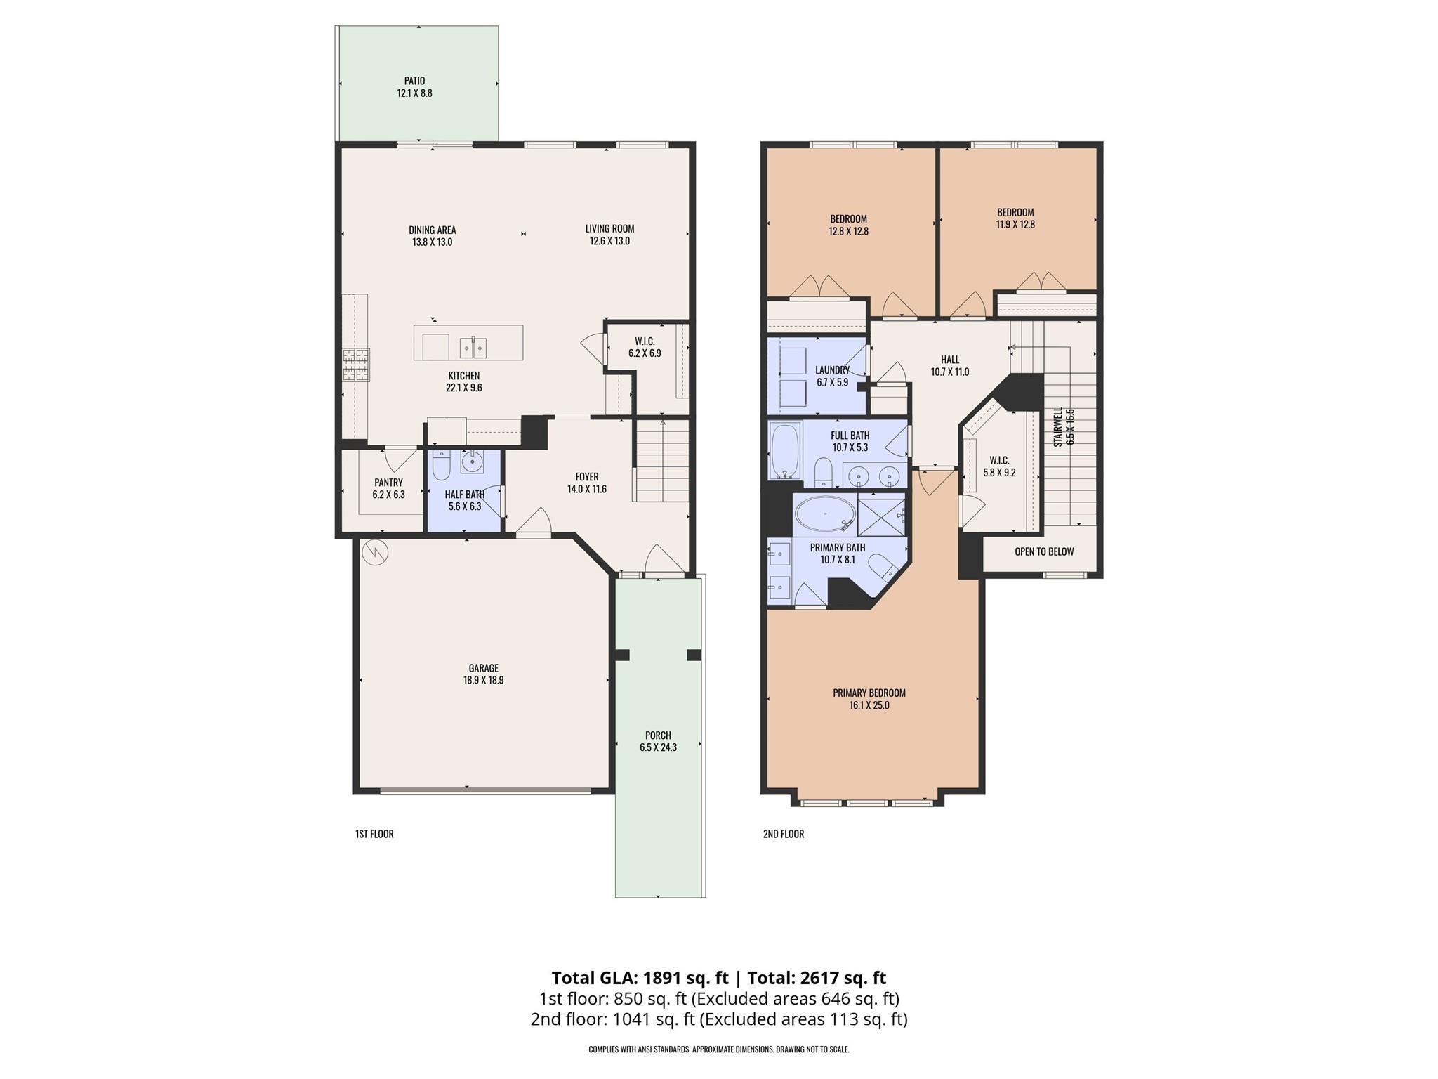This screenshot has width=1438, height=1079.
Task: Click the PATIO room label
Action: pos(414,81)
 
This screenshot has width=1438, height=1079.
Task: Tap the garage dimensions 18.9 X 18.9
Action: pos(483,680)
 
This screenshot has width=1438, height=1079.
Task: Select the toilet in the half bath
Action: pos(441,466)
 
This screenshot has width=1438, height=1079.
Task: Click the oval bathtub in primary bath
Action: pos(825,514)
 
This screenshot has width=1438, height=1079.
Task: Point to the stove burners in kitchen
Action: pos(356,365)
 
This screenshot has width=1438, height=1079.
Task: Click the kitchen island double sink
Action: pos(473,347)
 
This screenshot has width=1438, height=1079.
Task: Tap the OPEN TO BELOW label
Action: pos(1044,551)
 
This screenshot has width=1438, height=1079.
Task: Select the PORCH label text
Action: pos(658,735)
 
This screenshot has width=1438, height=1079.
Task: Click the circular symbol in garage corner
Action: pos(375,552)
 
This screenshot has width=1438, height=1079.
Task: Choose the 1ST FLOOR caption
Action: pos(374,834)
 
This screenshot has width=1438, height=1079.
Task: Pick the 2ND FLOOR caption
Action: pos(783,834)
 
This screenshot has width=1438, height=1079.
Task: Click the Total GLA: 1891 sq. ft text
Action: pos(640,978)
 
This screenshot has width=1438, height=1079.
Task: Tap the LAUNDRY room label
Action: pos(832,370)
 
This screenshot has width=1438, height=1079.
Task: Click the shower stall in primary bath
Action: pos(881,516)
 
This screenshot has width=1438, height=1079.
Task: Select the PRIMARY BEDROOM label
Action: pos(869,693)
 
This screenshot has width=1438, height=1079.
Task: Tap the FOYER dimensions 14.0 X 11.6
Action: pos(587,489)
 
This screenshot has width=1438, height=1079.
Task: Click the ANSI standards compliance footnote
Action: pos(718,1049)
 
